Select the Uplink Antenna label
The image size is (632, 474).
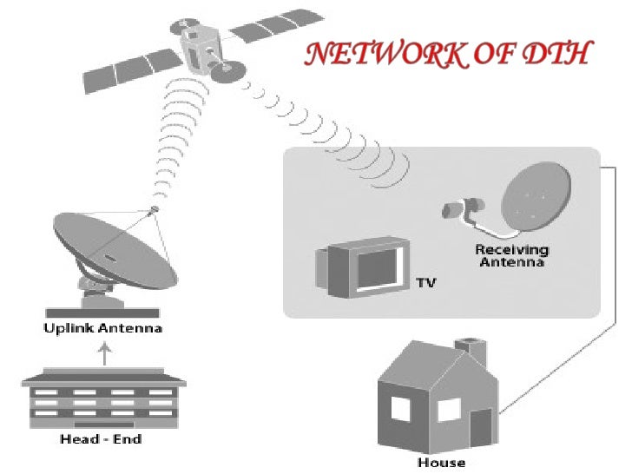[x=103, y=329]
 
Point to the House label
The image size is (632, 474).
[x=441, y=463]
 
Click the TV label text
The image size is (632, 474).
[x=425, y=283]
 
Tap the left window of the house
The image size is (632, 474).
[x=400, y=410]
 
